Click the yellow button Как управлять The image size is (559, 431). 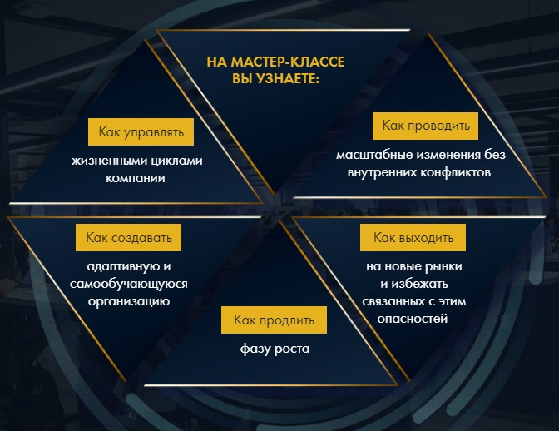coord(141,132)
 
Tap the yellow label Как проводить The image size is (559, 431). coord(425,126)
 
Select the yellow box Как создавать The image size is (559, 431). coord(128,237)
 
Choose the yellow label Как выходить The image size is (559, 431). coord(413,237)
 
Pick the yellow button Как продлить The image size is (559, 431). coord(274,320)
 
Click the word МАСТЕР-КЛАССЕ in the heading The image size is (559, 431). coord(288,62)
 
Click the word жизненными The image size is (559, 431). coord(109,161)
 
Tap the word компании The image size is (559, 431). coord(136,178)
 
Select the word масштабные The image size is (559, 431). coord(373,155)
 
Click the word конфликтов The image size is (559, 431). coord(455,172)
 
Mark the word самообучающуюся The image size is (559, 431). coord(129,284)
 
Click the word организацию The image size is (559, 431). coord(129,301)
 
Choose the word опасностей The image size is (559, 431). coord(413,319)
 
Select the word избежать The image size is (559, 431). coord(419,284)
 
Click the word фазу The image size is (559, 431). coord(255,349)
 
